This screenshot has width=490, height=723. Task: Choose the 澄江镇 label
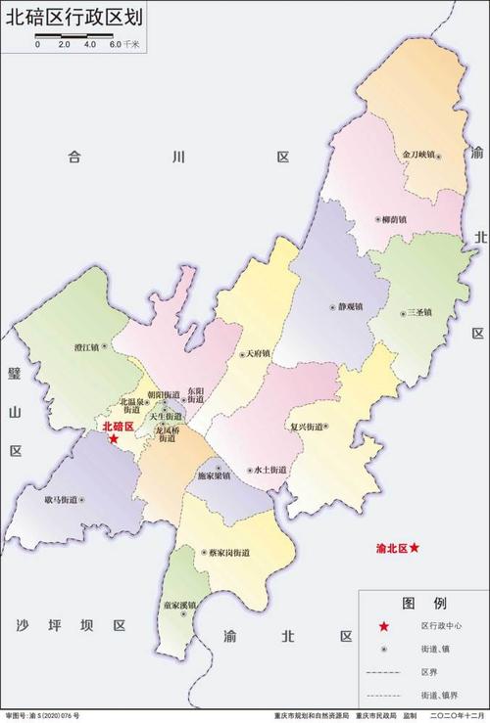pyautogui.click(x=87, y=346)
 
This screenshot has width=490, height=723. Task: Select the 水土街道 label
pyautogui.click(x=269, y=470)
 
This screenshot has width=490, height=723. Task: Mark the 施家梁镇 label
pyautogui.click(x=214, y=476)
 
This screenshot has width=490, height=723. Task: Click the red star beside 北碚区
pyautogui.click(x=114, y=439)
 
